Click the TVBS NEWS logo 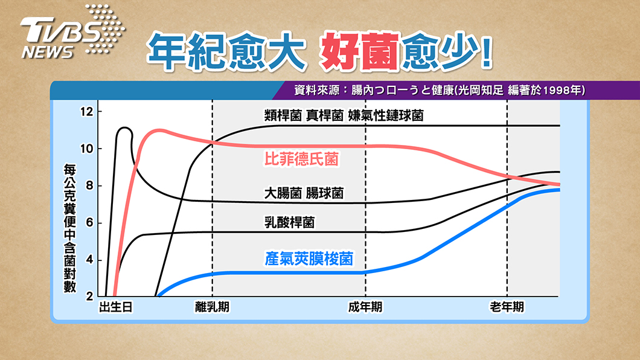click(x=72, y=32)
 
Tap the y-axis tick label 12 click(x=86, y=111)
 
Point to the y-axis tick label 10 click(x=86, y=149)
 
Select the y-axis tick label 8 click(x=89, y=185)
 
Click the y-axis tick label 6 click(x=89, y=223)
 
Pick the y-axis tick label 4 click(x=89, y=260)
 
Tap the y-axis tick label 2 click(x=89, y=297)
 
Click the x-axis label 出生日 click(x=116, y=307)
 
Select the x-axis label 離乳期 click(x=213, y=307)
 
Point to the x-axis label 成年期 click(x=365, y=307)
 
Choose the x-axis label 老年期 click(x=507, y=307)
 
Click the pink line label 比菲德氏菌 click(x=302, y=159)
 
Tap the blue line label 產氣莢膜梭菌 click(x=309, y=259)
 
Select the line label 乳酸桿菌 click(x=289, y=222)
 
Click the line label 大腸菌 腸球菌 click(x=304, y=193)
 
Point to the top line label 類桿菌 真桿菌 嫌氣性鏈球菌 click(x=344, y=115)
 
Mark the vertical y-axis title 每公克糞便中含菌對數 click(x=70, y=228)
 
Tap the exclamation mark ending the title click(x=487, y=52)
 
